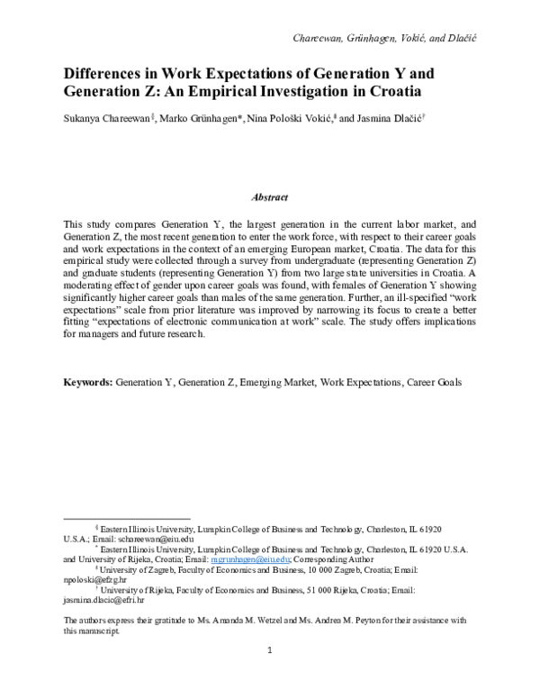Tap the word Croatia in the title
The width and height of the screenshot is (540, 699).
391,92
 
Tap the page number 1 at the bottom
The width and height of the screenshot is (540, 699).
269,675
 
